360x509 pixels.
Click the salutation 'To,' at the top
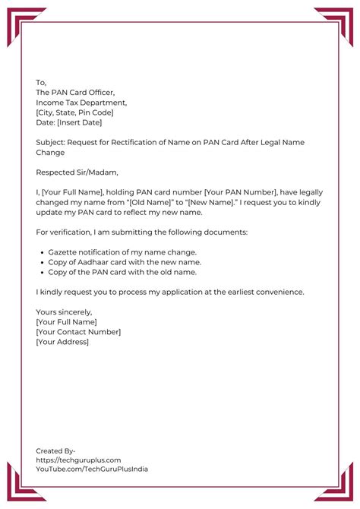pos(41,83)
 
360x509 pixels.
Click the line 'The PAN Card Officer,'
pos(75,93)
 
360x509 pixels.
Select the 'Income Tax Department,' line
pos(81,103)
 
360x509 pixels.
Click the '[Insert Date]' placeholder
pos(79,122)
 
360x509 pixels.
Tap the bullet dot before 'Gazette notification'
pos(40,251)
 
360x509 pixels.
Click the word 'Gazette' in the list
pos(63,251)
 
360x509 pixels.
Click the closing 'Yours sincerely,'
pos(64,311)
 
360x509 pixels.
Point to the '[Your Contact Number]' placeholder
pos(78,331)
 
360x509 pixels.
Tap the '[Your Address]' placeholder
pos(62,341)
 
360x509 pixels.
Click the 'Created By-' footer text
pos(55,451)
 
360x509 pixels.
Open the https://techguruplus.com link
pos(78,460)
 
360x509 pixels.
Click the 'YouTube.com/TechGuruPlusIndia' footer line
pos(92,469)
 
